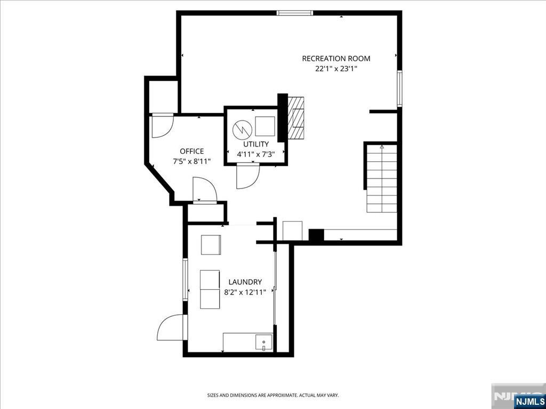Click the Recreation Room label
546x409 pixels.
coord(336,59)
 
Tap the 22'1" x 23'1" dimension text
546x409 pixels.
coord(336,68)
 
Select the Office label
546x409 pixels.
coord(191,151)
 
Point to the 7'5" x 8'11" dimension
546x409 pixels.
coord(191,161)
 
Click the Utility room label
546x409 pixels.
coord(256,144)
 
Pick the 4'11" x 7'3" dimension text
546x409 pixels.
coord(256,154)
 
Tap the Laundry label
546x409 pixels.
coord(245,282)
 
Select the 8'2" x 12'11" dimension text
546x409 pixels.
coord(245,291)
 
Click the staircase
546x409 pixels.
coord(381,178)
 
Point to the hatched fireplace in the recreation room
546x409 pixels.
coord(295,118)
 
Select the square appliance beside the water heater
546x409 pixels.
coord(265,127)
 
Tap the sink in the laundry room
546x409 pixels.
coord(263,342)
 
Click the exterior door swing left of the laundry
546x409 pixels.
coord(171,328)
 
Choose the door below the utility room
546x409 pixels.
coord(247,176)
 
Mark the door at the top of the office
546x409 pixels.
coord(162,126)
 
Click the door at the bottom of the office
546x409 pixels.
coord(205,190)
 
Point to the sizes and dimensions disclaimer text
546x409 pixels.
coord(272,395)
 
